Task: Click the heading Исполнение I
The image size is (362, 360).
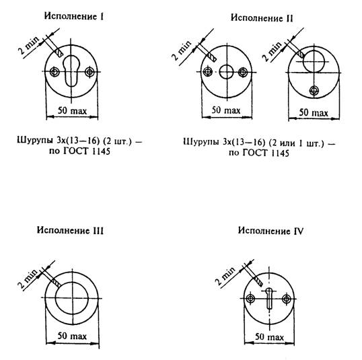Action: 74,16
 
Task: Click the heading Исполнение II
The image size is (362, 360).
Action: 262,18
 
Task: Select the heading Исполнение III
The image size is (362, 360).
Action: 70,230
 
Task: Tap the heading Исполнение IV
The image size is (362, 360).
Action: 270,231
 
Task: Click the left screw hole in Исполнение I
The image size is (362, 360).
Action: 55,71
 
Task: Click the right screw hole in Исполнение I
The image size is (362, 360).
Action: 89,71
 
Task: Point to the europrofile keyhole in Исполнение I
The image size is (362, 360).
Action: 71,71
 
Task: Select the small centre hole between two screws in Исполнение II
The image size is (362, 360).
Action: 227,72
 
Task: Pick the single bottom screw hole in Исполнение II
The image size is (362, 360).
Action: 314,90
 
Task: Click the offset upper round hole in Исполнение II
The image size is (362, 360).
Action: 314,62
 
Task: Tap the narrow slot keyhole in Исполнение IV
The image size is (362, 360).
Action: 269,298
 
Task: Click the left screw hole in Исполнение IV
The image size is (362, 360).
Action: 250,299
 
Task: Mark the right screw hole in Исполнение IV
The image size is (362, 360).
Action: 287,299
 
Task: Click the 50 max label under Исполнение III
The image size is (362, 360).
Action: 72,336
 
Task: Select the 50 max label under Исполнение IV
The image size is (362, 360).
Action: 269,337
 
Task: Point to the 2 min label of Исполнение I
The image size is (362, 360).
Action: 29,45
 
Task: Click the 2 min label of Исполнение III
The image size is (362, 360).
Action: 28,279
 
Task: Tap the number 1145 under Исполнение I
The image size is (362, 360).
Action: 101,151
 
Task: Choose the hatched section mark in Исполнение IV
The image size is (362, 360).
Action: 259,282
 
